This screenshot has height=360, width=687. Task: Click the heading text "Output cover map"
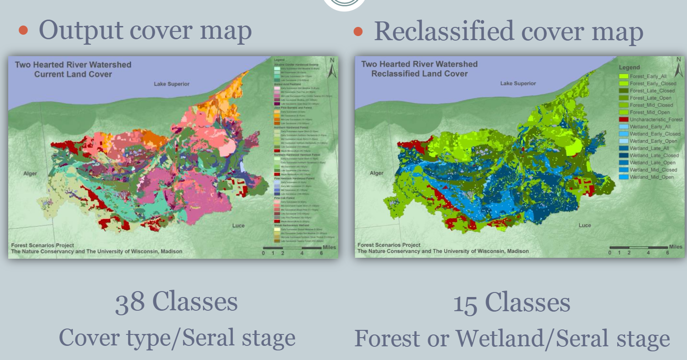[x=145, y=31]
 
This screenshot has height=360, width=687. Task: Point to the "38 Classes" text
[x=176, y=303]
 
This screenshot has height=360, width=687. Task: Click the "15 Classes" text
[x=511, y=303]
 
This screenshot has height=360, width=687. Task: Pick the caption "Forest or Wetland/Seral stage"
[x=512, y=338]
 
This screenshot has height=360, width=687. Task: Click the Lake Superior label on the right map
[x=518, y=83]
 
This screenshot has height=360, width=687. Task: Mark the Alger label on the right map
[x=377, y=173]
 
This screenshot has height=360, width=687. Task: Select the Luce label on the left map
[x=238, y=225]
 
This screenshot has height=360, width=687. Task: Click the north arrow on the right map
[x=678, y=68]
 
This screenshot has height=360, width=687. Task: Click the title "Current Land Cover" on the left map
[x=73, y=74]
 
